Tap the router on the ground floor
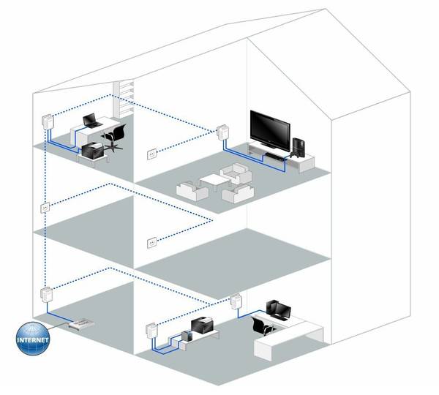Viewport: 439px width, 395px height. pos(80,323)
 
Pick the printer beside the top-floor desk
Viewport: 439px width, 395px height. pos(93,151)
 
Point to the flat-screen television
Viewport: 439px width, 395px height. pos(272,129)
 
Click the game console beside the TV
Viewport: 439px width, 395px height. pos(300,148)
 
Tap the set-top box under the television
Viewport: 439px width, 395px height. pos(276,154)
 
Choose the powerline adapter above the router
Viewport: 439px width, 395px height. pos(45,296)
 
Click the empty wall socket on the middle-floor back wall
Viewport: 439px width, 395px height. pos(151,241)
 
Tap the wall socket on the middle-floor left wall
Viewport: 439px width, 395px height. pos(46,208)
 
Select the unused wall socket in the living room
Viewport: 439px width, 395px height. pos(151,154)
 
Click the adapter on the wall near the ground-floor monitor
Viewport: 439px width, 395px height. pos(236,301)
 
